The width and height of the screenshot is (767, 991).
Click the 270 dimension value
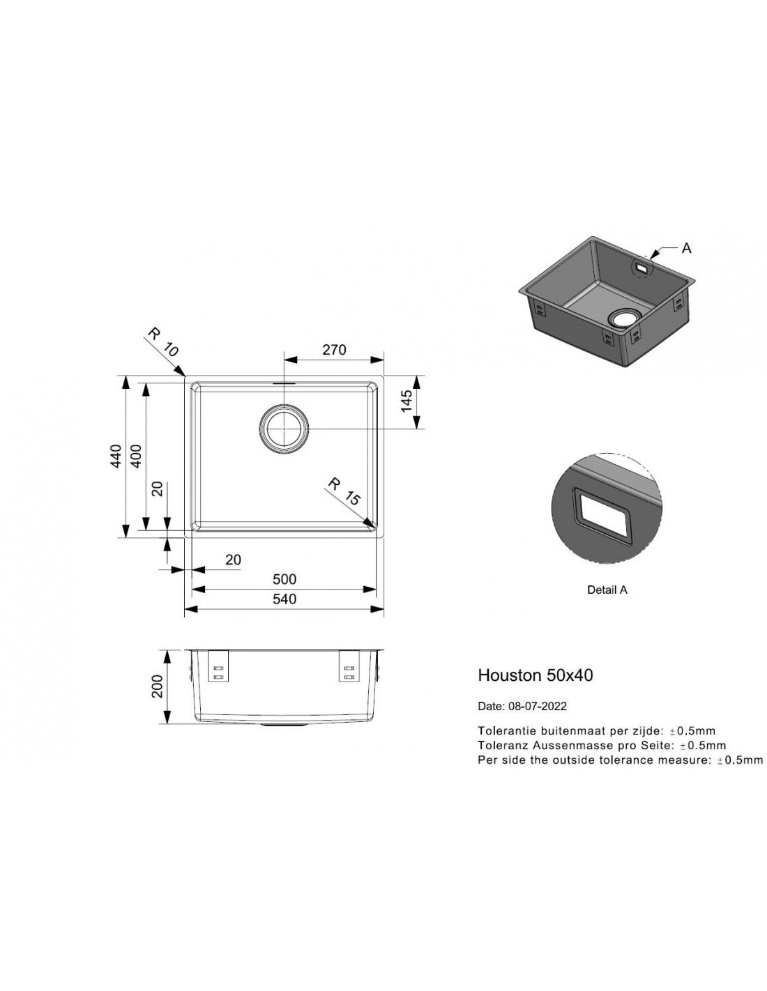click(x=334, y=350)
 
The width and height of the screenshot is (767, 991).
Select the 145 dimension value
click(x=407, y=401)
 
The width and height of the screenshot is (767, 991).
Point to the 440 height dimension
click(x=116, y=456)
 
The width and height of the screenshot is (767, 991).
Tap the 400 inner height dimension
click(x=136, y=456)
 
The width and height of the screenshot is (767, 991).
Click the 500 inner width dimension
click(x=284, y=579)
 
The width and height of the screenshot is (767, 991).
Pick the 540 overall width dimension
click(x=284, y=599)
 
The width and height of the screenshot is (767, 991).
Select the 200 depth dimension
click(x=157, y=686)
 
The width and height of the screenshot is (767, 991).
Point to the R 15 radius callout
click(x=344, y=491)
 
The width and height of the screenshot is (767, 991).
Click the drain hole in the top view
click(x=284, y=429)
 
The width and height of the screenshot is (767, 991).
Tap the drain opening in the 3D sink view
click(x=624, y=318)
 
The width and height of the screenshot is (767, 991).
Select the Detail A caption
click(x=607, y=590)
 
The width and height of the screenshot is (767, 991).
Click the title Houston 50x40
click(x=536, y=675)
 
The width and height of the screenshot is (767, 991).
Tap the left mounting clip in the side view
click(x=218, y=666)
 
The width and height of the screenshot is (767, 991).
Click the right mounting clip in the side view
click(x=349, y=666)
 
